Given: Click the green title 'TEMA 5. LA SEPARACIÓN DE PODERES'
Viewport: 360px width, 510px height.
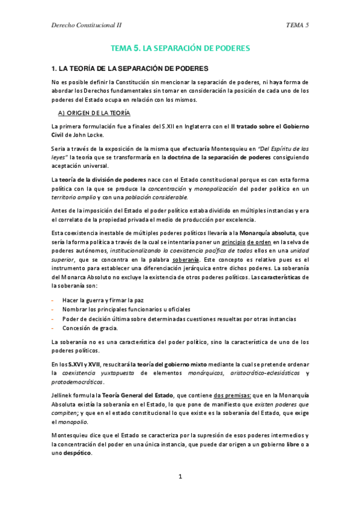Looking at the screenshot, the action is (180, 47).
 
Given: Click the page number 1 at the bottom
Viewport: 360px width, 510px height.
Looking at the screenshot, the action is (180, 476).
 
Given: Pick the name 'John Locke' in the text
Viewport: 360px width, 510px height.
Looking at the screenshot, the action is (91, 135).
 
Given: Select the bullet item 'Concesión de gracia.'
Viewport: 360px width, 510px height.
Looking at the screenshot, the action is (90, 328).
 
